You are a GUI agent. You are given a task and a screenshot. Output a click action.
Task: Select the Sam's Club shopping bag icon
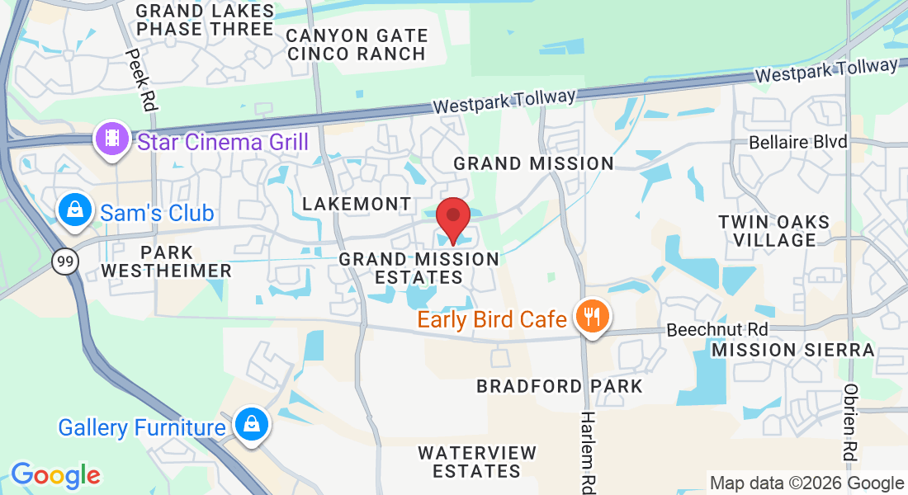tap(75, 211)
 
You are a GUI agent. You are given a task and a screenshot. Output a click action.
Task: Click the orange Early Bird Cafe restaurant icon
tap(591, 316)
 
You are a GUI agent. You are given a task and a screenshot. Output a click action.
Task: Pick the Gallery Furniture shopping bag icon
tap(248, 425)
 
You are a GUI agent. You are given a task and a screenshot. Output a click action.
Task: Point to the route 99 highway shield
tap(64, 262)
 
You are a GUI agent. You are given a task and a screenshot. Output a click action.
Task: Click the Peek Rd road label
tap(137, 78)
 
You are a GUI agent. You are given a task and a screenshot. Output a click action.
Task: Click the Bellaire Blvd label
tap(798, 142)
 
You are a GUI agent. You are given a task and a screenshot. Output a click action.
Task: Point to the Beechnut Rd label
tap(716, 329)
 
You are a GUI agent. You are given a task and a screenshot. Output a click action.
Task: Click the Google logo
tap(55, 475)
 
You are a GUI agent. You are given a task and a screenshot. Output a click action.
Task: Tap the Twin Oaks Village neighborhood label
tap(773, 231)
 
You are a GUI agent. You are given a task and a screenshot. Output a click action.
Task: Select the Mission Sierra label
tap(792, 350)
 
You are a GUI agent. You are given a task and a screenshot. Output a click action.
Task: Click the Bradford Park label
tap(559, 385)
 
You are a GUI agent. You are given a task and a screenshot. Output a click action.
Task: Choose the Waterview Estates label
tap(477, 462)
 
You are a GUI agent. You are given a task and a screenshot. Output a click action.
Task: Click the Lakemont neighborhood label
tap(357, 203)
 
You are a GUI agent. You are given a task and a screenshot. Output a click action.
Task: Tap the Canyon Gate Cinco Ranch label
tap(357, 45)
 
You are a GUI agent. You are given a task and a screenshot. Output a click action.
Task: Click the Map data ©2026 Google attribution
tap(807, 483)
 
